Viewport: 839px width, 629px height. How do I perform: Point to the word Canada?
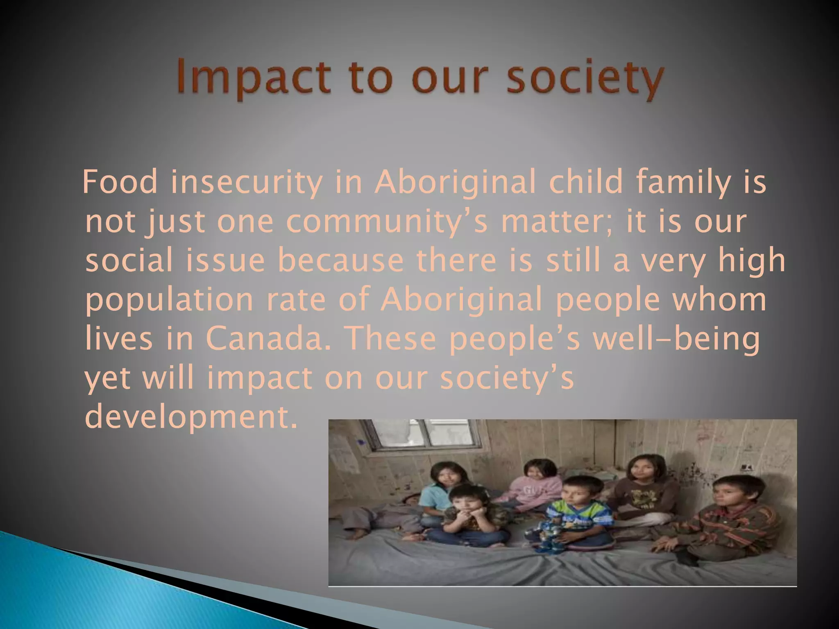coord(268,339)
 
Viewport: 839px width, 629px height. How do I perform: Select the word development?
coord(190,418)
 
